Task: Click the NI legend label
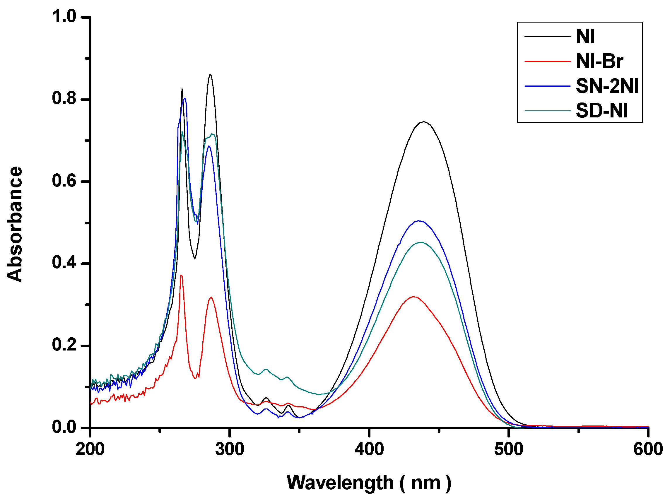(585, 37)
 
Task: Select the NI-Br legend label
(599, 61)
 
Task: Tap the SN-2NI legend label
(607, 86)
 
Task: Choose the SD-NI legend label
(602, 111)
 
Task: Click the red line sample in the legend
(547, 61)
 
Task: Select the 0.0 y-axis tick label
(64, 427)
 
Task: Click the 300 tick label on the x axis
(230, 449)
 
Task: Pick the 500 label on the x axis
(509, 449)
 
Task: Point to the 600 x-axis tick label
(648, 449)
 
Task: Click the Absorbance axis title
(15, 224)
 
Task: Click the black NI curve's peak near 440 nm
(423, 122)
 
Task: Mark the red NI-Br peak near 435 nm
(414, 297)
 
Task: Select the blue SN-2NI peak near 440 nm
(419, 221)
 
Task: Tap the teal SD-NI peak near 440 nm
(421, 242)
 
